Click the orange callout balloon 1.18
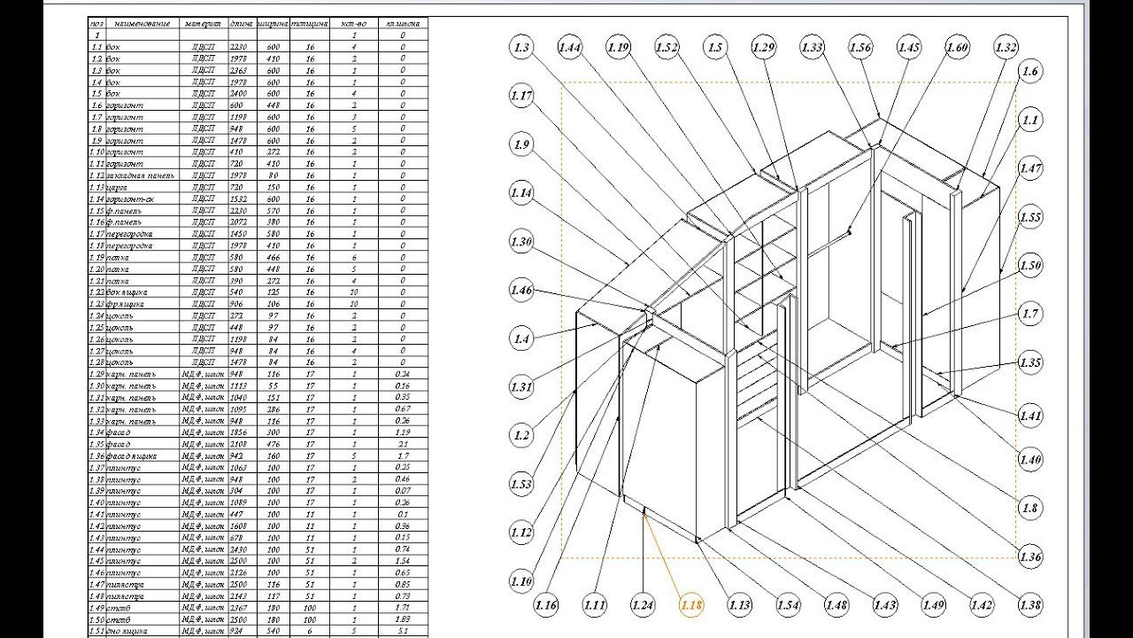[x=691, y=606]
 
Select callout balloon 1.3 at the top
[x=522, y=47]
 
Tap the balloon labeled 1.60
[x=957, y=47]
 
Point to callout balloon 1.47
[x=1030, y=168]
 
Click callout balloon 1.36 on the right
[x=1030, y=557]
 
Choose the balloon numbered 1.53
[x=522, y=484]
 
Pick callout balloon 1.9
[x=522, y=144]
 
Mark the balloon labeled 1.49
[x=933, y=606]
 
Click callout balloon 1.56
[x=860, y=47]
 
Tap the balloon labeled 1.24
[x=644, y=606]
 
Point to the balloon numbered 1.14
[x=522, y=192]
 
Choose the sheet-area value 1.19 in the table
[x=404, y=432]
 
